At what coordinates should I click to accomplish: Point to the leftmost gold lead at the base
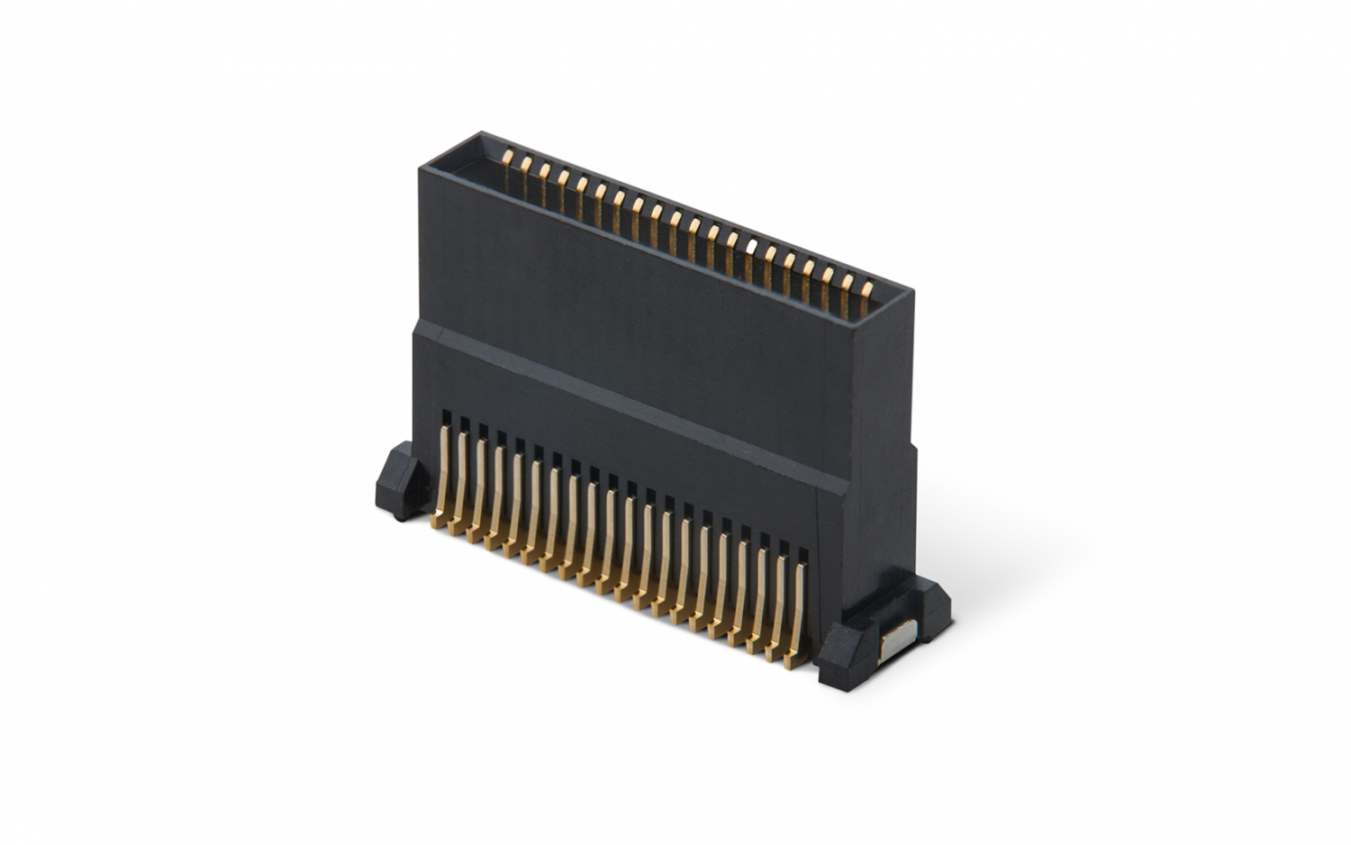(x=441, y=477)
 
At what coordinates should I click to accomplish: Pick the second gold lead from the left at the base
(x=459, y=485)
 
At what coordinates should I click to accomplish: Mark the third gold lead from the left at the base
(x=477, y=492)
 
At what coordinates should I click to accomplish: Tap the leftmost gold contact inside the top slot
(x=507, y=159)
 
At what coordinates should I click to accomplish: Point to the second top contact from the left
(x=526, y=165)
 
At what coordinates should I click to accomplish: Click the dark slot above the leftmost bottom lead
(x=442, y=417)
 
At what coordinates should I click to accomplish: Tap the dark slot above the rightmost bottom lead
(x=799, y=552)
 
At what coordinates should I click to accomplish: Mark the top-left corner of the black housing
(x=423, y=168)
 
